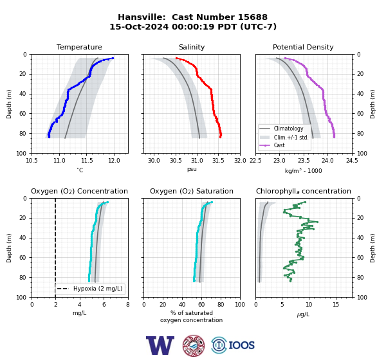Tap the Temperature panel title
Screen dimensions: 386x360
click(x=79, y=47)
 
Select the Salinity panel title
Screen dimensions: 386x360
click(x=192, y=47)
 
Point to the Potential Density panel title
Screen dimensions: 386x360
click(x=303, y=47)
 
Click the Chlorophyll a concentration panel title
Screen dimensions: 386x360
click(x=304, y=191)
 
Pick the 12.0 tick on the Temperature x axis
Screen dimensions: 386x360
click(x=114, y=161)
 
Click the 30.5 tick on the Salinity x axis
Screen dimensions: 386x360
click(x=176, y=161)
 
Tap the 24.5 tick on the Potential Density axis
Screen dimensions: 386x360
click(x=352, y=161)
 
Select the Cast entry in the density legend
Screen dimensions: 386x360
click(x=279, y=145)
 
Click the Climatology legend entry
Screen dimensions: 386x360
click(x=288, y=129)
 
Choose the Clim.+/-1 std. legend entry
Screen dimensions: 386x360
click(x=291, y=138)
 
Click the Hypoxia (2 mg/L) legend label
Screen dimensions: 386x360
click(x=98, y=289)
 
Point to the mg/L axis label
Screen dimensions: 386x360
click(x=80, y=313)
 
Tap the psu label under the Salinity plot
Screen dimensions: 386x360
click(x=192, y=169)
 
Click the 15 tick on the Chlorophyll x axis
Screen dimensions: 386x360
click(x=336, y=305)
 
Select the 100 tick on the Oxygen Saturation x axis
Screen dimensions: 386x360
click(x=240, y=305)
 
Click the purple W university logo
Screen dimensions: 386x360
click(x=160, y=345)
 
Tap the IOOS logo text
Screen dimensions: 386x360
click(x=241, y=345)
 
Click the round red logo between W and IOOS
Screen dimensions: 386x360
click(x=194, y=345)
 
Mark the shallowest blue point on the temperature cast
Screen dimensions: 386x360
click(x=113, y=58)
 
